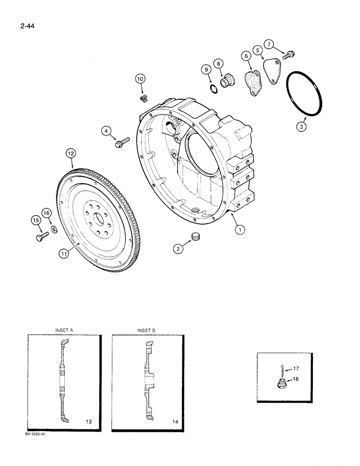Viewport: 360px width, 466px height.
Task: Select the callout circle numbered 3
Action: pyautogui.click(x=302, y=126)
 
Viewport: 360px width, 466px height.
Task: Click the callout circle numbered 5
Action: pyautogui.click(x=257, y=49)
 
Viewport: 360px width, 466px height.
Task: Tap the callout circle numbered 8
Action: pyautogui.click(x=218, y=63)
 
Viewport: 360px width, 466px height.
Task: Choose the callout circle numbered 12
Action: pyautogui.click(x=70, y=153)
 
